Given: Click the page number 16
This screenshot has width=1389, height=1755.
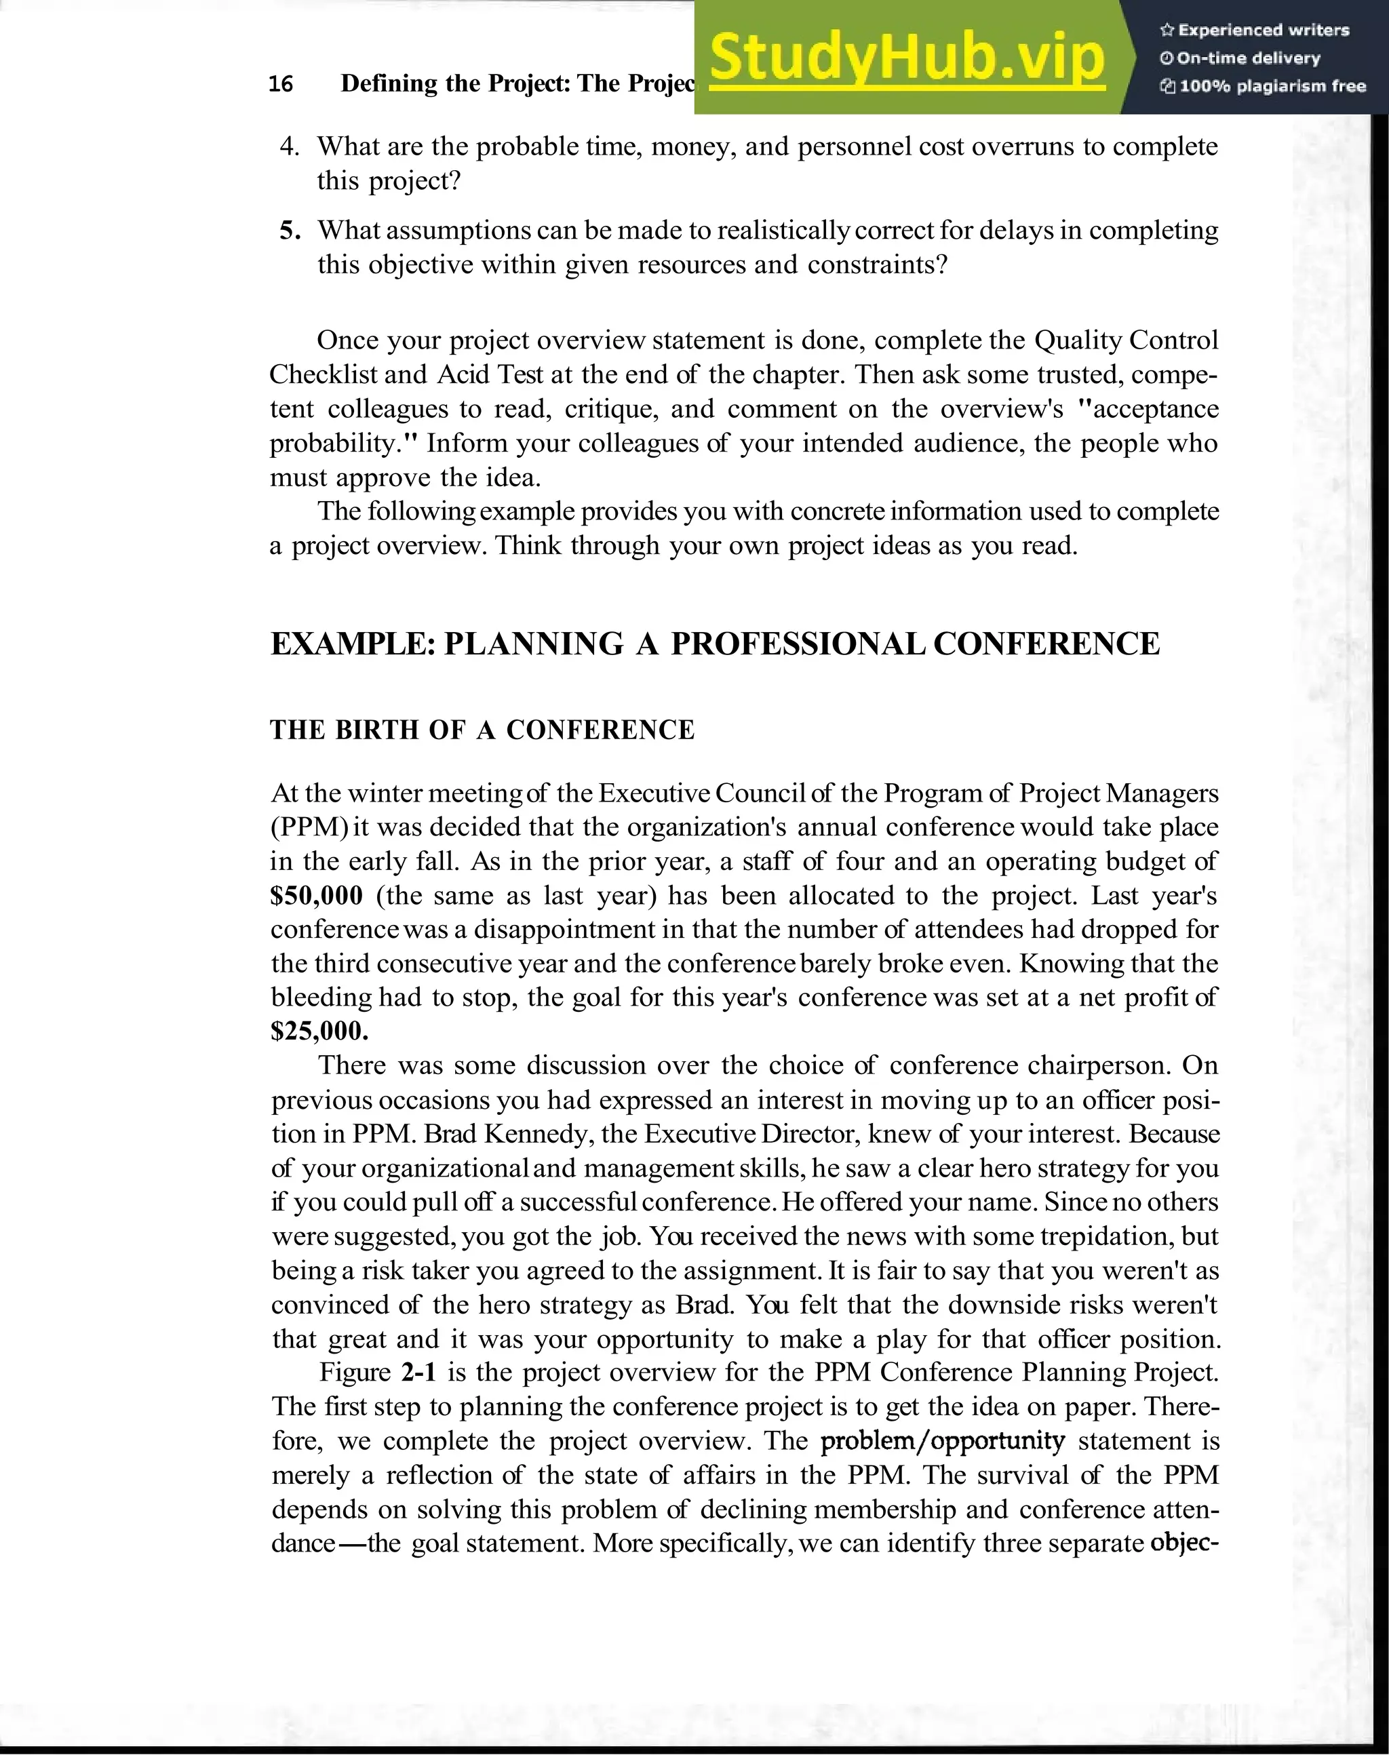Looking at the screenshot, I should (x=281, y=84).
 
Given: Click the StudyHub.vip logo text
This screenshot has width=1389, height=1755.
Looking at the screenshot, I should (x=906, y=57).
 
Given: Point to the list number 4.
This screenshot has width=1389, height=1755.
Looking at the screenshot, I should (x=290, y=146).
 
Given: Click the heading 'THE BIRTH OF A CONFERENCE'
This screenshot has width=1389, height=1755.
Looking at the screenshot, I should (x=482, y=730).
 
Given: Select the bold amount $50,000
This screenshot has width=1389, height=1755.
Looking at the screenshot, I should (x=316, y=895).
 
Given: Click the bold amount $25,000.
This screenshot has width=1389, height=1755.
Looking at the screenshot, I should (x=319, y=1031).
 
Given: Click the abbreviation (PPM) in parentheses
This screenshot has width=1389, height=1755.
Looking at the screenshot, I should (x=309, y=827).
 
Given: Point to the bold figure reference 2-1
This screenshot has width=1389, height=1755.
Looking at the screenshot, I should (x=419, y=1372).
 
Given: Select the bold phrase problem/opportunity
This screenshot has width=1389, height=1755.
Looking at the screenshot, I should (x=943, y=1441).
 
